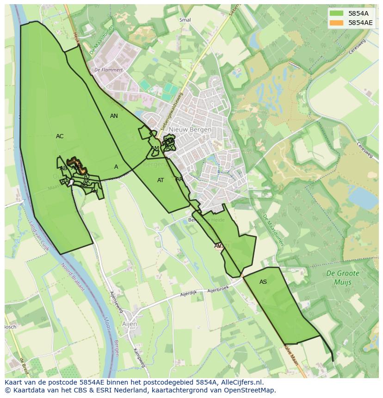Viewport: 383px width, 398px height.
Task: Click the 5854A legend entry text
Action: coord(358,13)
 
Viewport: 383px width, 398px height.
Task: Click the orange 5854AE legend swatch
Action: coord(337,23)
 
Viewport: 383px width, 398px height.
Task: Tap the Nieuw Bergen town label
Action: coord(190,129)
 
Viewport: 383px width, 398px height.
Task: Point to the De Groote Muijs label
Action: coord(342,277)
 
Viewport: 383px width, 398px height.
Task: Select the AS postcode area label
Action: coord(263,282)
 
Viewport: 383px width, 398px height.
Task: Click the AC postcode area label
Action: coord(60,136)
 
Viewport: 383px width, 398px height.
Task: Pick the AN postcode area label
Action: coord(114,116)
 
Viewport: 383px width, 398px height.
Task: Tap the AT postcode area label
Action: coord(161,180)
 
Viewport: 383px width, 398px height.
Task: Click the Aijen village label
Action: coord(130,324)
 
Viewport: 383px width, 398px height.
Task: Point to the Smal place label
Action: coord(185,20)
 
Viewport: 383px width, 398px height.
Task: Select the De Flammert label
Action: coord(108,70)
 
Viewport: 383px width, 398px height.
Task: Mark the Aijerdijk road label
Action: coord(189,294)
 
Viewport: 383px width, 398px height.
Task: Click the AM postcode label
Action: coord(154,148)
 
